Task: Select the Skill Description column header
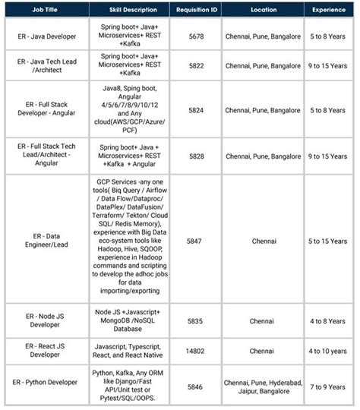click(128, 10)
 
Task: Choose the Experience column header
click(329, 10)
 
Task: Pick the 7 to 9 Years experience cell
click(329, 386)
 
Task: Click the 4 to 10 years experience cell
click(329, 351)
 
